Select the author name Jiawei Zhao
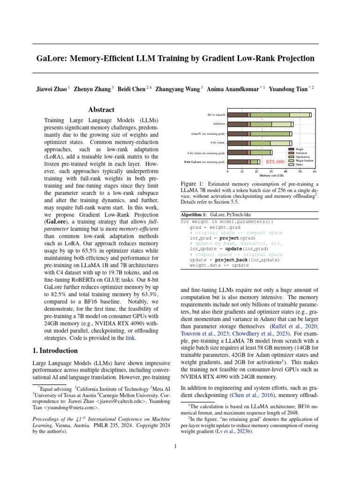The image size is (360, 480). pyautogui.click(x=50, y=89)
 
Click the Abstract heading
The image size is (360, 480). pyautogui.click(x=102, y=110)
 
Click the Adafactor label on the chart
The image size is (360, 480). pyautogui.click(x=219, y=124)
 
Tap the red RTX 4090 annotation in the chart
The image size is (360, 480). pyautogui.click(x=275, y=162)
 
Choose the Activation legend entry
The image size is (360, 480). pyautogui.click(x=302, y=153)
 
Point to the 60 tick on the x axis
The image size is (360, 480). pyautogui.click(x=315, y=172)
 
